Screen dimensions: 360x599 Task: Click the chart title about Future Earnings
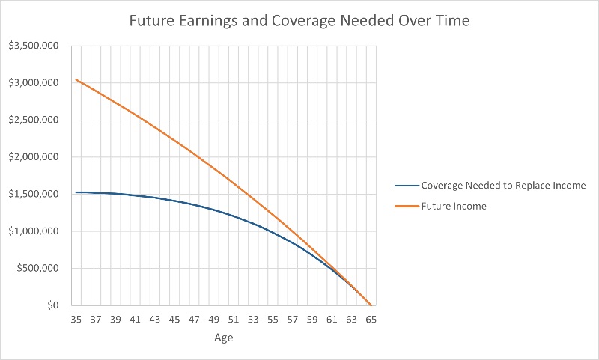(x=299, y=21)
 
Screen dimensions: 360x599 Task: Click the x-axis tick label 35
(x=76, y=320)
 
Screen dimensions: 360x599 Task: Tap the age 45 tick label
(x=174, y=320)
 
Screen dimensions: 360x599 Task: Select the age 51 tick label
(x=233, y=320)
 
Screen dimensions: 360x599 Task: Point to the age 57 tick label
(x=292, y=320)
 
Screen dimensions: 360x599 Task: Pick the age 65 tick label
(x=371, y=320)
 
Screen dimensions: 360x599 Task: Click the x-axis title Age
(x=223, y=338)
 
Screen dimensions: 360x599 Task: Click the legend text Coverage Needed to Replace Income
(x=503, y=186)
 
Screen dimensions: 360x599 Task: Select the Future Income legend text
(x=454, y=206)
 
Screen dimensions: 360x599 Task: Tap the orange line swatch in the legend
(x=406, y=206)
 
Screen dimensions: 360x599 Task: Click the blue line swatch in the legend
(x=406, y=186)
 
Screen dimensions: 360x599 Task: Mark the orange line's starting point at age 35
(x=76, y=79)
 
